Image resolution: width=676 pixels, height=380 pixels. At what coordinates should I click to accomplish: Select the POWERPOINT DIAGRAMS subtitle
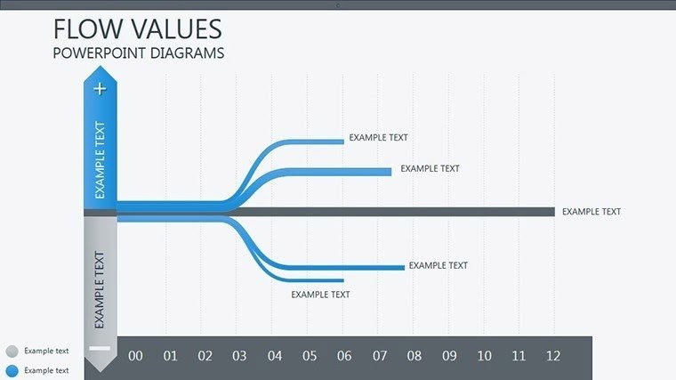tap(138, 53)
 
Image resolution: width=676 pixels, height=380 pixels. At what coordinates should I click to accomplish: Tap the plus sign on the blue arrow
tap(100, 88)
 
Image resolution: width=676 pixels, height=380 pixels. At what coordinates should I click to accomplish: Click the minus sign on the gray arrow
tap(100, 347)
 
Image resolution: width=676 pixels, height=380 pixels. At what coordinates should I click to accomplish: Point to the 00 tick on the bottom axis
tap(135, 356)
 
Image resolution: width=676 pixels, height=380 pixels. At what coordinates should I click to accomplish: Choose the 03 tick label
tap(239, 356)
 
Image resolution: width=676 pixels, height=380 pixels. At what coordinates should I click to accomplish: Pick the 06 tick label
tap(344, 356)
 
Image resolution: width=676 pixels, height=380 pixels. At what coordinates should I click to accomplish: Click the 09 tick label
tap(449, 356)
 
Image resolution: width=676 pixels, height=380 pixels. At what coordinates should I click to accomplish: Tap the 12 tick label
tap(553, 356)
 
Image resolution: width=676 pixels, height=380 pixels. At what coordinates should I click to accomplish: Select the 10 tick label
tap(484, 356)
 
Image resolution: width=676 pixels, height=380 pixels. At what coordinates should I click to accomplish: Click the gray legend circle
tap(11, 352)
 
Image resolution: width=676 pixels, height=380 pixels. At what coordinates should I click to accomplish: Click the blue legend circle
tap(11, 370)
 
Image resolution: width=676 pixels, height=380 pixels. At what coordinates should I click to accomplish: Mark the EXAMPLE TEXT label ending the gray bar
tap(591, 212)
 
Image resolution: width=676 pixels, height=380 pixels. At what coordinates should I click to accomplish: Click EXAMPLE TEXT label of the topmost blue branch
tap(378, 138)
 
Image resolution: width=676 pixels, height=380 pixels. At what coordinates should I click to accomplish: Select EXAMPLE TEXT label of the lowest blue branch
tap(320, 295)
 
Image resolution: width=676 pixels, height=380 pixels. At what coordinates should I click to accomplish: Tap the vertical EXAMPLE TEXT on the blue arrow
tap(100, 160)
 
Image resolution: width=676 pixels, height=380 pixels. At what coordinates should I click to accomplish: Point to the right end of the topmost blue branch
tap(341, 141)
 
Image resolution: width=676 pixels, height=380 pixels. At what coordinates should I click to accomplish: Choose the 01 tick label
tap(170, 356)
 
